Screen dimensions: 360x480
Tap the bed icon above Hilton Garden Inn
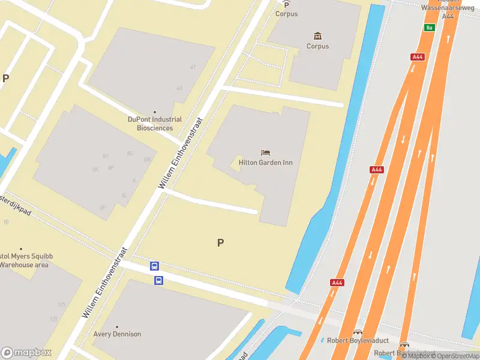pyautogui.click(x=265, y=153)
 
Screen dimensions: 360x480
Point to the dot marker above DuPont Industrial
pyautogui.click(x=155, y=112)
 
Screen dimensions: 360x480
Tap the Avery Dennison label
pyautogui.click(x=117, y=334)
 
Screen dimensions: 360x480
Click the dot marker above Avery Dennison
pyautogui.click(x=117, y=326)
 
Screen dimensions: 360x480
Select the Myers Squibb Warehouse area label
pyautogui.click(x=26, y=260)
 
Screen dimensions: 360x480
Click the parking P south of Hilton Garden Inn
pyautogui.click(x=220, y=243)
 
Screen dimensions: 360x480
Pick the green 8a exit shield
pyautogui.click(x=428, y=28)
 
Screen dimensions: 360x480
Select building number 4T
pyautogui.click(x=193, y=67)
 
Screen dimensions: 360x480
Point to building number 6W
pyautogui.click(x=146, y=159)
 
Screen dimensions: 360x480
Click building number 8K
pyautogui.click(x=95, y=170)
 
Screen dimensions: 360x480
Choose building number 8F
pyautogui.click(x=111, y=168)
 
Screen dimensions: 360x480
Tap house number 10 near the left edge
pyautogui.click(x=6, y=222)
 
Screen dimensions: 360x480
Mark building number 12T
pyautogui.click(x=54, y=319)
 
